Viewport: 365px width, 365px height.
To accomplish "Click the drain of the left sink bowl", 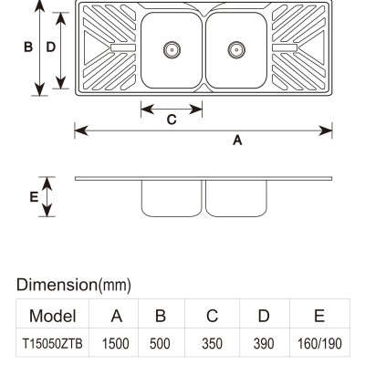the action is point(172,49).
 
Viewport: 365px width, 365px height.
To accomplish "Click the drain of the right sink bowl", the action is point(236,49).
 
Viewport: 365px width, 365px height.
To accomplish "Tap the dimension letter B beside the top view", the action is point(28,47).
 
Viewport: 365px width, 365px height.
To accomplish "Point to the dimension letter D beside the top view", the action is point(51,47).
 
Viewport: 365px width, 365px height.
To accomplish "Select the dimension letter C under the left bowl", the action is point(172,120).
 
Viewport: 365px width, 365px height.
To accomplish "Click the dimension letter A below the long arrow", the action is point(237,141).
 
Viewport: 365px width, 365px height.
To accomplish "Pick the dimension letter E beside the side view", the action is point(34,197).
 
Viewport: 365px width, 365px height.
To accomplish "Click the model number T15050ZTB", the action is point(52,344).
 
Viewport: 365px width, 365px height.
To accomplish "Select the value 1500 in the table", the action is point(116,344).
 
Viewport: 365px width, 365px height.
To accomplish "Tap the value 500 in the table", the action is point(160,344).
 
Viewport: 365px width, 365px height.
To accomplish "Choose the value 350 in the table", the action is point(212,344).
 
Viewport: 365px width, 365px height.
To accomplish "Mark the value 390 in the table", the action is point(264,344).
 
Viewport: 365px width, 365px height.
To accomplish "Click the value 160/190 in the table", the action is point(319,344).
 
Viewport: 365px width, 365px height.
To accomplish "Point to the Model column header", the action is point(52,316).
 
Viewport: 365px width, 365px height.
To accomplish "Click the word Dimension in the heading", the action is point(57,285).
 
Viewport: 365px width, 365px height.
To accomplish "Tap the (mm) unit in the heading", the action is point(115,286).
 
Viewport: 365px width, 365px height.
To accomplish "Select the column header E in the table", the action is point(319,316).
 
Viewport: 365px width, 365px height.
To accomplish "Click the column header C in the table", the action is point(212,316).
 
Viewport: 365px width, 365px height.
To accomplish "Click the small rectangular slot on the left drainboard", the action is point(123,47).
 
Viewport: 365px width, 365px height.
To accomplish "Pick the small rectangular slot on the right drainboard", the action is point(285,47).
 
